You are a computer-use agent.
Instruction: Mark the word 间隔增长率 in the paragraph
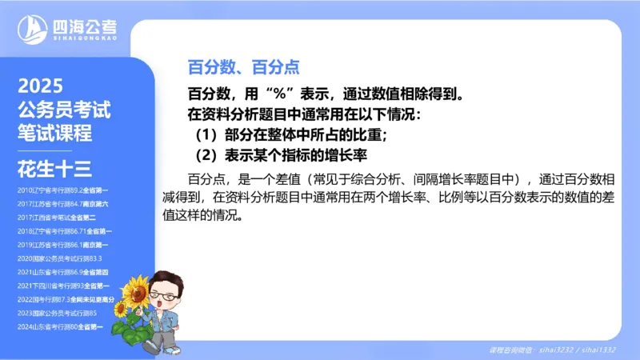click(435, 178)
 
